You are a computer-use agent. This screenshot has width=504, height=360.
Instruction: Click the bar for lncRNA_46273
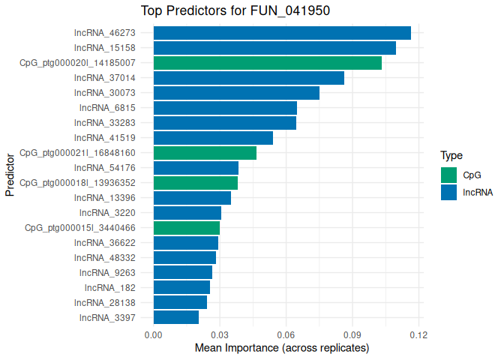click(x=282, y=33)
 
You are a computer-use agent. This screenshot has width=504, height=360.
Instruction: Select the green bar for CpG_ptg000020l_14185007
click(x=268, y=63)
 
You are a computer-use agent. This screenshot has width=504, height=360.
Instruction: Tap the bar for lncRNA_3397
click(x=176, y=317)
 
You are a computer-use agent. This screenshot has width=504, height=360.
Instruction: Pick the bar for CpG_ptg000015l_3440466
click(x=187, y=228)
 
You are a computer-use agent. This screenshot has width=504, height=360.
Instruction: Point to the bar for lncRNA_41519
click(x=213, y=138)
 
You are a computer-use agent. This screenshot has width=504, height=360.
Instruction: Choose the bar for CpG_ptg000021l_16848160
click(x=205, y=153)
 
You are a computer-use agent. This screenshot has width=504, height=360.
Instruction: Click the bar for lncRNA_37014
click(x=249, y=78)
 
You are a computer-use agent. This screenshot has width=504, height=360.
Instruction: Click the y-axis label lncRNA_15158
click(x=105, y=48)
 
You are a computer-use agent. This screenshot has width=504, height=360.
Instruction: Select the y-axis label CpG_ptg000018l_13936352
click(x=77, y=183)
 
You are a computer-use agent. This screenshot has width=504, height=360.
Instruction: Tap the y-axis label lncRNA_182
click(x=110, y=287)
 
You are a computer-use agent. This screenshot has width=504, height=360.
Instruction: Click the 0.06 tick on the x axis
click(x=286, y=334)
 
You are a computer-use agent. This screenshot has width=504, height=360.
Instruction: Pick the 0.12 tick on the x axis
click(x=418, y=334)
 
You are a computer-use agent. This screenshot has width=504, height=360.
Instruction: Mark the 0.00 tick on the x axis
click(x=154, y=334)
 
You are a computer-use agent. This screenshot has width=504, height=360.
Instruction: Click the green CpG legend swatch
click(x=449, y=175)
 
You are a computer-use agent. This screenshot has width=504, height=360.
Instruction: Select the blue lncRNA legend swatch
click(x=449, y=192)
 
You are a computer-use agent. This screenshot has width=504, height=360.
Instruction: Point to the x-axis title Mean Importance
click(x=282, y=349)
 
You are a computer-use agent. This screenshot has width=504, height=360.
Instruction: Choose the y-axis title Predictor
click(x=10, y=175)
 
